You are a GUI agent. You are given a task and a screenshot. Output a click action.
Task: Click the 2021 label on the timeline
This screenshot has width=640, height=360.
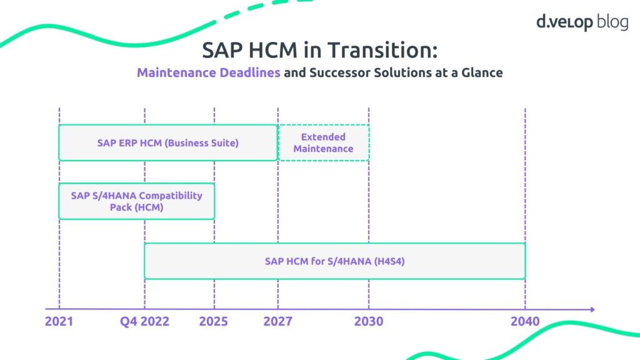click(x=59, y=322)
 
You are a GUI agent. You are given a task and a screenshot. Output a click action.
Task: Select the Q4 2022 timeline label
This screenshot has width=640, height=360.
click(x=146, y=322)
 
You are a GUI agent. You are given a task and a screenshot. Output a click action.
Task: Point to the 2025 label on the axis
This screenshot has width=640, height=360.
click(x=214, y=322)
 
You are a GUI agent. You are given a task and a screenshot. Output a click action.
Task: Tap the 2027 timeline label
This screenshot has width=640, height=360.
click(x=277, y=322)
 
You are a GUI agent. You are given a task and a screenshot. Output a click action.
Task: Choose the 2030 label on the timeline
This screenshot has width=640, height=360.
click(x=369, y=322)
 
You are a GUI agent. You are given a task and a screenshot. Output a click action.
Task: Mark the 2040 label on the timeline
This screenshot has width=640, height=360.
click(x=524, y=322)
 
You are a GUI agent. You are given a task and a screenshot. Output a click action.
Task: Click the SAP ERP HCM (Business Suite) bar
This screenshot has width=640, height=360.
click(x=167, y=142)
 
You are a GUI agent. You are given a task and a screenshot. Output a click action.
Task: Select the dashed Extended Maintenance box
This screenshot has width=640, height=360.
click(x=323, y=142)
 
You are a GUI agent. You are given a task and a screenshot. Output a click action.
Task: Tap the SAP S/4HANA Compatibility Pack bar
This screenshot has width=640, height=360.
click(x=136, y=201)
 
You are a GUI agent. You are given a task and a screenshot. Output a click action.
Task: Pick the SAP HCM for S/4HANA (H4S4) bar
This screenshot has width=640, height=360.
click(x=334, y=261)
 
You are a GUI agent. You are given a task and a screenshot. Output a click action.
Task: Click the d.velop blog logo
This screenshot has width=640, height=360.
click(x=582, y=21)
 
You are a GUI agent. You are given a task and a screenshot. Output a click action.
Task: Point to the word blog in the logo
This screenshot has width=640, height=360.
click(x=612, y=21)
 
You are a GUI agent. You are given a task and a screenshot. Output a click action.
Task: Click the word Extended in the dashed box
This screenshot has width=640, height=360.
click(x=323, y=137)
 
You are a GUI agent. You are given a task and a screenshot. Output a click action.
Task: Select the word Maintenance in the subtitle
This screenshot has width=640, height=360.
click(x=176, y=72)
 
